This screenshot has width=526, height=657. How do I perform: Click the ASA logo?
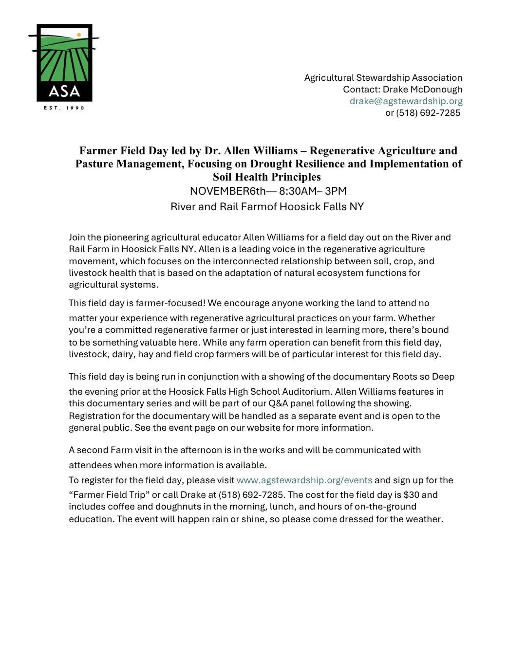point(64,63)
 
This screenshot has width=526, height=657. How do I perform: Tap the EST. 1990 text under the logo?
point(64,108)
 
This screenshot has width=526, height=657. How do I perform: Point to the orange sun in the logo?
point(79,35)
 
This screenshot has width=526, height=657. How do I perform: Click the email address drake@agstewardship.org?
point(406,101)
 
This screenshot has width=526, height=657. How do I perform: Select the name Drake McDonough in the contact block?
point(422,90)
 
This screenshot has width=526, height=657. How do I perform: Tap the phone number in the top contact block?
point(428,113)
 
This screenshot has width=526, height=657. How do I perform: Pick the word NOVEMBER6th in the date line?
point(227,191)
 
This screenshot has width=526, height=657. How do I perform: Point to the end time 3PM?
point(336,191)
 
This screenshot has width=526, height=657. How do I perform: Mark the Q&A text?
point(279,403)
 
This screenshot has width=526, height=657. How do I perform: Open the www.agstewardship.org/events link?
point(304,480)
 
